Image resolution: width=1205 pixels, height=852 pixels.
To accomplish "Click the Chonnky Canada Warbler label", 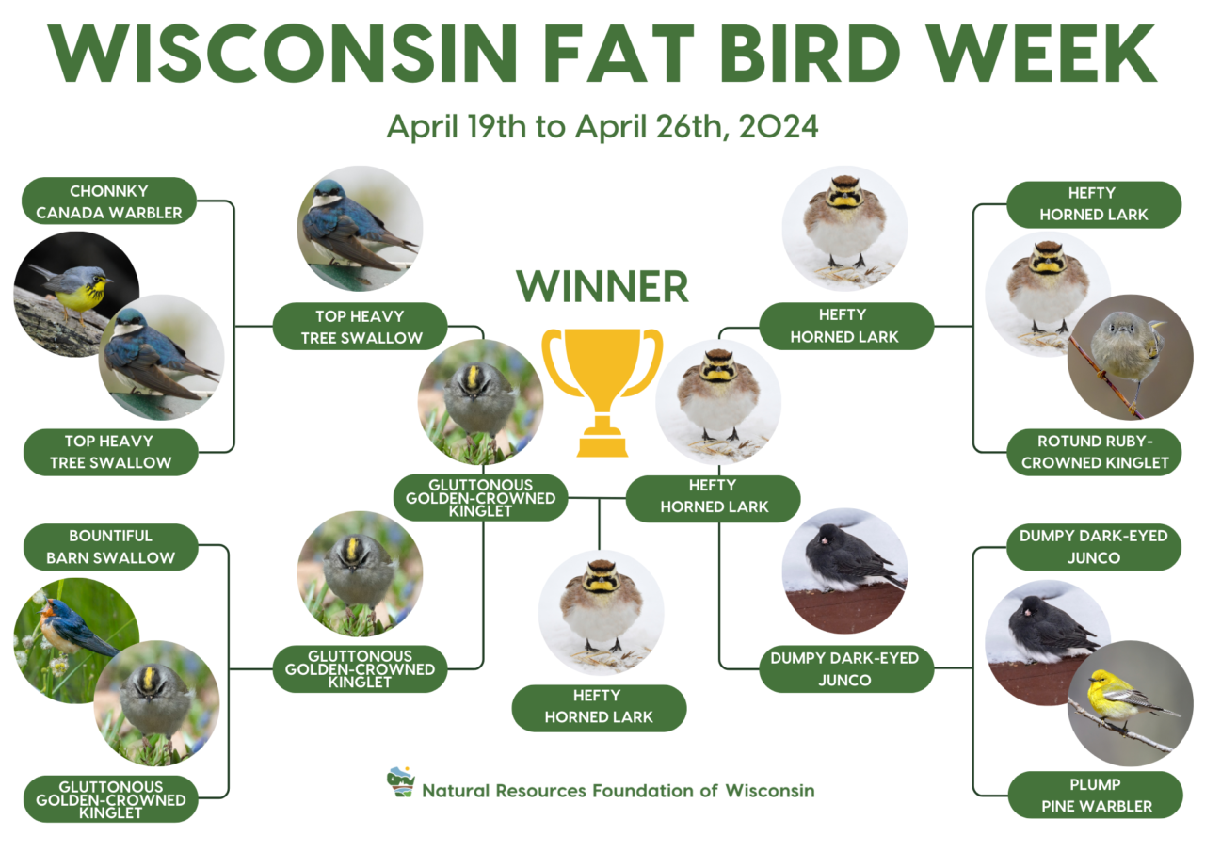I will coord(109,201).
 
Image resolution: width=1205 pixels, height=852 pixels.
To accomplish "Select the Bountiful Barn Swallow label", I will coord(111,547).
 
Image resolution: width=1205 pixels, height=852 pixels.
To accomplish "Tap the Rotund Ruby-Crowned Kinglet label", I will coord(1095,452).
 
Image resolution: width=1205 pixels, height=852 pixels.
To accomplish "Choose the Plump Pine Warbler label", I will coord(1095,796).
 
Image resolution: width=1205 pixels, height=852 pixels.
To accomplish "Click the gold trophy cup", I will coord(602,372).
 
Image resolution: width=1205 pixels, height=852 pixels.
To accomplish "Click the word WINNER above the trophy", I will coord(602,286).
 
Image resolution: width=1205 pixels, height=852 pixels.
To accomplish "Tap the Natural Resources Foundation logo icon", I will coord(401,783).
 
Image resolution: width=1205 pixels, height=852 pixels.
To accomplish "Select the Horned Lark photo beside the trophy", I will coord(717,400).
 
